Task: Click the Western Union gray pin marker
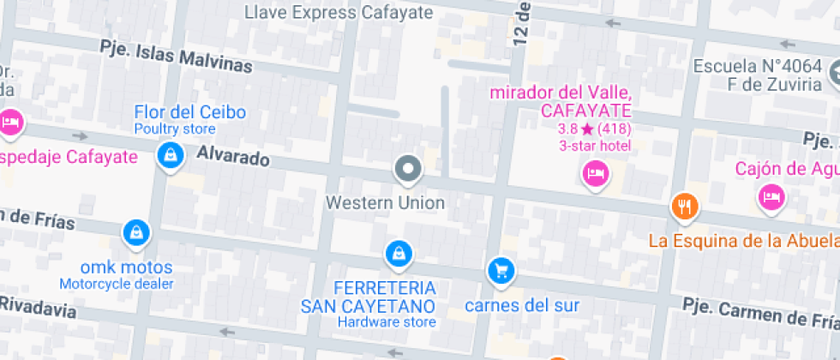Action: [x=408, y=169]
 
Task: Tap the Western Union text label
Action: [x=385, y=203]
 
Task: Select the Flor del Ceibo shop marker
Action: [x=171, y=155]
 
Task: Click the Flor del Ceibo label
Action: [x=189, y=112]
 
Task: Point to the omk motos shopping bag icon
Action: [x=135, y=231]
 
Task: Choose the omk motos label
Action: [x=126, y=267]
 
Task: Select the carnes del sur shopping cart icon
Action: [x=500, y=271]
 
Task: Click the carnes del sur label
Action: [x=522, y=305]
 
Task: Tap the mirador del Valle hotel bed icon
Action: [x=595, y=175]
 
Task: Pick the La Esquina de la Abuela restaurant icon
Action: [x=683, y=206]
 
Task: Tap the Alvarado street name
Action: [x=233, y=157]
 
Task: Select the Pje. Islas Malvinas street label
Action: [x=176, y=56]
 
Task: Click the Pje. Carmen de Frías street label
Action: [x=759, y=314]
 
